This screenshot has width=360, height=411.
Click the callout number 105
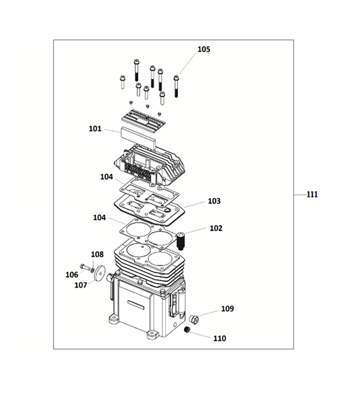click(x=203, y=49)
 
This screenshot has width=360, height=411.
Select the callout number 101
click(x=95, y=129)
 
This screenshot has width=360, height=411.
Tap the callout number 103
click(x=214, y=201)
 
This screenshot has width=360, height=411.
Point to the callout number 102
click(x=216, y=228)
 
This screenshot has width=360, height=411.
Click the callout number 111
click(x=312, y=195)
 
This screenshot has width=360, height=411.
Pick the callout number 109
click(x=227, y=309)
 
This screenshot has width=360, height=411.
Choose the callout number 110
click(x=220, y=338)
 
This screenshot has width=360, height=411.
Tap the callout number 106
click(x=72, y=275)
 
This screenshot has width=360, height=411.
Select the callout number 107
click(x=81, y=285)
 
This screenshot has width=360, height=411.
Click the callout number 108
click(x=97, y=255)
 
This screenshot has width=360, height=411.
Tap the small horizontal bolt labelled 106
click(x=84, y=267)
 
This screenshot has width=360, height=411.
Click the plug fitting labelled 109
click(x=193, y=318)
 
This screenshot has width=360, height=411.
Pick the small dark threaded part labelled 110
click(x=187, y=330)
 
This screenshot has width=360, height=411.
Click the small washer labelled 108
click(x=93, y=269)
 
